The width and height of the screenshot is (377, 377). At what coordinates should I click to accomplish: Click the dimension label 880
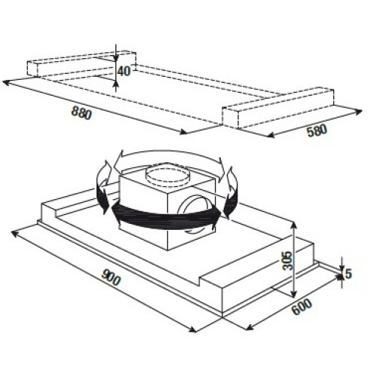[x=81, y=113]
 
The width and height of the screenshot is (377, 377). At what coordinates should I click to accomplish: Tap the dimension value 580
[x=317, y=130]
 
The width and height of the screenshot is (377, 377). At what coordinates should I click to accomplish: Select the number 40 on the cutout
[x=124, y=72]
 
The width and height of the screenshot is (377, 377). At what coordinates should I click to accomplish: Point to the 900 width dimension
[x=111, y=277]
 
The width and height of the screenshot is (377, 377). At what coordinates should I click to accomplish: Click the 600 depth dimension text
[x=302, y=307]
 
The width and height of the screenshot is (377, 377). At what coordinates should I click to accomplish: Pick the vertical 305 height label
[x=288, y=261]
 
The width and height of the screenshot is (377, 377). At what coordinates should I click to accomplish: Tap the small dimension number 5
[x=348, y=274]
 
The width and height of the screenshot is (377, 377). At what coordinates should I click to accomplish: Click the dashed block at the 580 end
[x=277, y=108]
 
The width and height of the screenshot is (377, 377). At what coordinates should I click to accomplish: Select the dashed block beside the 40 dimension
[x=81, y=64]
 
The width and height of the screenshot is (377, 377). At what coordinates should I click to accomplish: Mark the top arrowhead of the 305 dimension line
[x=293, y=225]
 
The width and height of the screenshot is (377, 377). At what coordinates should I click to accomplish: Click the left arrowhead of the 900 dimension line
[x=14, y=233]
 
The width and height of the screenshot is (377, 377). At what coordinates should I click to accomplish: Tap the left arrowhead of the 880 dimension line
[x=5, y=82]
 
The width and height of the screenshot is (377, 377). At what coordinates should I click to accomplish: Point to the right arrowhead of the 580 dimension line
[x=359, y=112]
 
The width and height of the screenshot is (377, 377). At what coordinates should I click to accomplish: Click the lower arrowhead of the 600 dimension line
[x=249, y=327]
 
